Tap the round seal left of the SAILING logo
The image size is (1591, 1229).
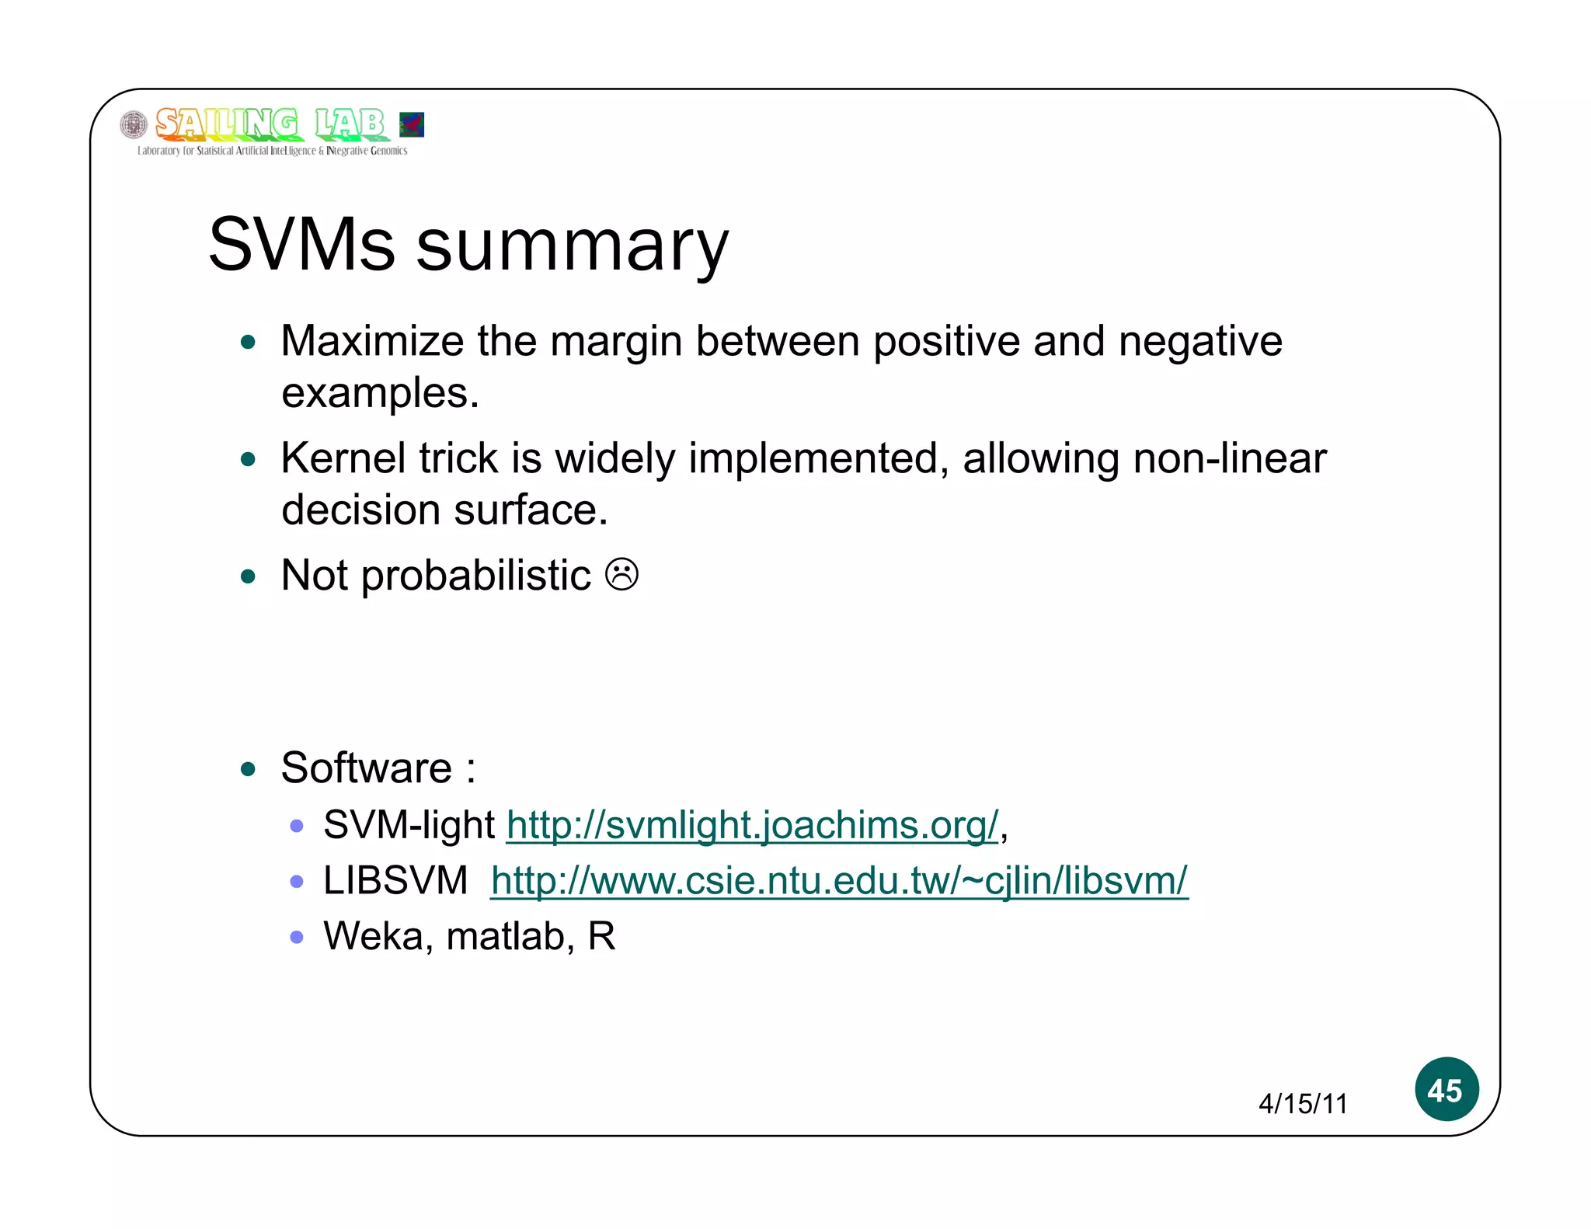tap(134, 124)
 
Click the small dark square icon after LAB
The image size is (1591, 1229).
tap(411, 124)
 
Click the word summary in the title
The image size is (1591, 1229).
tap(573, 247)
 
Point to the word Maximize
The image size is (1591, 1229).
tap(372, 341)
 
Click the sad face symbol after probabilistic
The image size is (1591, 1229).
tap(621, 576)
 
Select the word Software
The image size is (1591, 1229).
tap(366, 768)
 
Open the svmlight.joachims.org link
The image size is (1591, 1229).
tap(752, 825)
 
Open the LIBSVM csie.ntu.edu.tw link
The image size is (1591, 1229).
tap(839, 881)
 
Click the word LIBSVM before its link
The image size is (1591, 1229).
tap(395, 881)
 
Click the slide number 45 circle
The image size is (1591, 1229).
tap(1446, 1089)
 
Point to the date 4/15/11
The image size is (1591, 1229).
tap(1303, 1104)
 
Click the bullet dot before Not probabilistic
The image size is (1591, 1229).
tap(249, 576)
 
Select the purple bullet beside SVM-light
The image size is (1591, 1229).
tap(296, 826)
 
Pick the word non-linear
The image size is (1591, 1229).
tap(1230, 458)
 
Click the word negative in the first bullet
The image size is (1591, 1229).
tap(1200, 341)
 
